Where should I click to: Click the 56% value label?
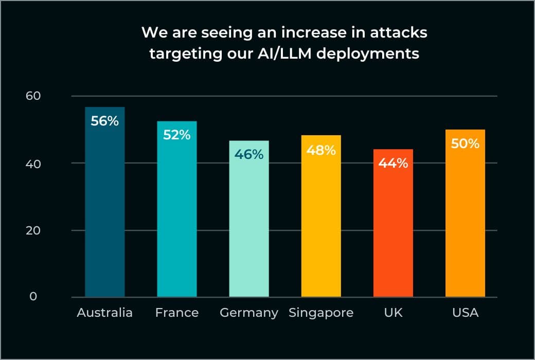(x=105, y=121)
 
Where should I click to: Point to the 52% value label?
(x=177, y=135)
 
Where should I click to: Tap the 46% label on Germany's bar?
(x=249, y=154)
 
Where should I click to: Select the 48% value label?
(x=321, y=150)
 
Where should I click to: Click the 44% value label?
(x=393, y=164)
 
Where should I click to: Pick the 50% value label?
(x=465, y=143)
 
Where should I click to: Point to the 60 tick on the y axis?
(x=33, y=96)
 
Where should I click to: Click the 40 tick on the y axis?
(x=33, y=163)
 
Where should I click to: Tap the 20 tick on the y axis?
(x=33, y=230)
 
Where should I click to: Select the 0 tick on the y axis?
(x=33, y=297)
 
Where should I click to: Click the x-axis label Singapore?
(x=321, y=313)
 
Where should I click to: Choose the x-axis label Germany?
(x=249, y=313)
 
